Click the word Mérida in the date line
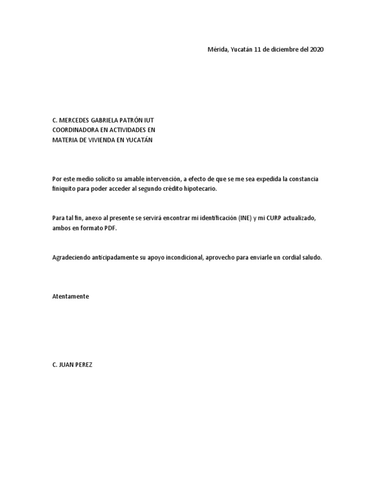point(218,50)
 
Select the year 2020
point(316,50)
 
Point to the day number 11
point(258,50)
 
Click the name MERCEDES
point(77,120)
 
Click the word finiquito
point(64,189)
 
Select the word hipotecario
point(198,189)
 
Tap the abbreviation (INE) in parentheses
point(244,218)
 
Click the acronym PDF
point(111,228)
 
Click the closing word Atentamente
point(70,296)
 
